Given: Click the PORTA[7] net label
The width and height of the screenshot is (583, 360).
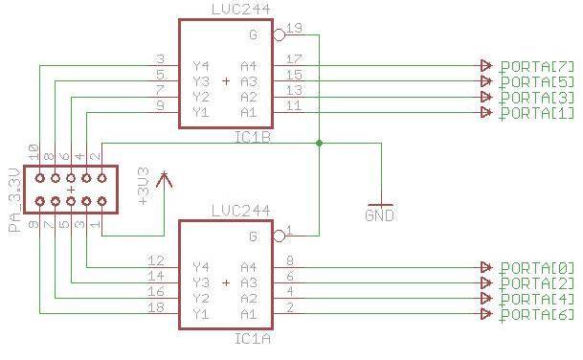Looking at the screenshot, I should pyautogui.click(x=536, y=66).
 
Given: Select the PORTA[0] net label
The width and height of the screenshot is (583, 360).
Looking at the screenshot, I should pyautogui.click(x=536, y=268).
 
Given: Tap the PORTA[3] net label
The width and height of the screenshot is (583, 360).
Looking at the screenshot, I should pyautogui.click(x=536, y=98).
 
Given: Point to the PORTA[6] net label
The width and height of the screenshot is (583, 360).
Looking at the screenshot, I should pyautogui.click(x=536, y=315).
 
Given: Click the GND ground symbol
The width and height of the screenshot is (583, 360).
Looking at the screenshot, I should pyautogui.click(x=380, y=210).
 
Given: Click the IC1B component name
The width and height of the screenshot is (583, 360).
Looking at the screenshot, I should pyautogui.click(x=251, y=137).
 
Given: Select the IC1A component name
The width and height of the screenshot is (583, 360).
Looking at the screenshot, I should pyautogui.click(x=251, y=338).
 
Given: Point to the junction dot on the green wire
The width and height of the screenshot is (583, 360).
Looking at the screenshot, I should pyautogui.click(x=319, y=144).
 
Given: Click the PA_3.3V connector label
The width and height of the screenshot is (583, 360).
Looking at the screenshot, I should pyautogui.click(x=12, y=202).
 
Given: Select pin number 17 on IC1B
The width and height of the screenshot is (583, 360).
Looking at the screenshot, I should pyautogui.click(x=295, y=59).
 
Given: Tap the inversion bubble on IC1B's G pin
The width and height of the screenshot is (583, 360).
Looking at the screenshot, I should pyautogui.click(x=279, y=35).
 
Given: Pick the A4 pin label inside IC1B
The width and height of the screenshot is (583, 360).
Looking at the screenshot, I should pyautogui.click(x=249, y=65).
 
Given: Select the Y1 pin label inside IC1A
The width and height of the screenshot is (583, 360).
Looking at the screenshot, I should pyautogui.click(x=201, y=313).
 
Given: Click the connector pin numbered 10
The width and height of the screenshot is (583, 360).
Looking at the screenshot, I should pyautogui.click(x=34, y=153).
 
